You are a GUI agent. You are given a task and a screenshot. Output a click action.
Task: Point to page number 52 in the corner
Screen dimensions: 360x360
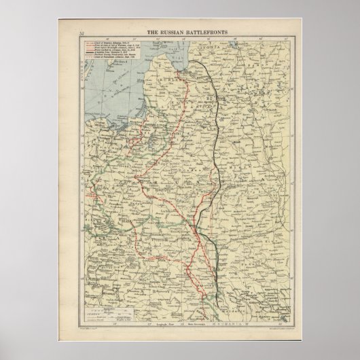pyautogui.click(x=82, y=31)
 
